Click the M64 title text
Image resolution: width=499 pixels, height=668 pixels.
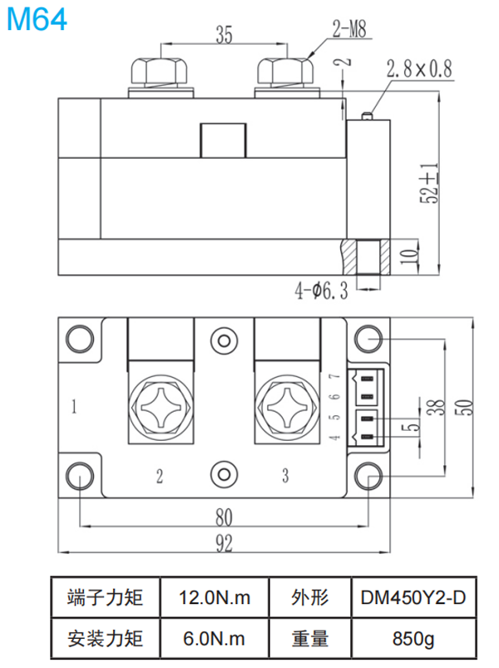tap(37, 20)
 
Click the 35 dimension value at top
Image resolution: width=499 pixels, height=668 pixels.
tap(223, 34)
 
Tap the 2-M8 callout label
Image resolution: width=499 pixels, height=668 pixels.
tap(349, 32)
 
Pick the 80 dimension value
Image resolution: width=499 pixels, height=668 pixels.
tap(223, 517)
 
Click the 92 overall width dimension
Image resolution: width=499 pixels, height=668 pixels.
tap(223, 542)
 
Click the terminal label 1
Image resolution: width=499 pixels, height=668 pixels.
tap(75, 408)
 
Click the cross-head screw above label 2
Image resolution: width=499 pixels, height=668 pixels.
tap(160, 409)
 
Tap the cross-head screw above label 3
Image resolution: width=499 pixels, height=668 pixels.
tap(285, 409)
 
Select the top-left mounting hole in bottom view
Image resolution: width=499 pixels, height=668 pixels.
tap(80, 339)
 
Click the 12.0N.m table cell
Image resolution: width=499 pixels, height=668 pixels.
tap(214, 598)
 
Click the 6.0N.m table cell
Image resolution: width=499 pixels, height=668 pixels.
tap(214, 639)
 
